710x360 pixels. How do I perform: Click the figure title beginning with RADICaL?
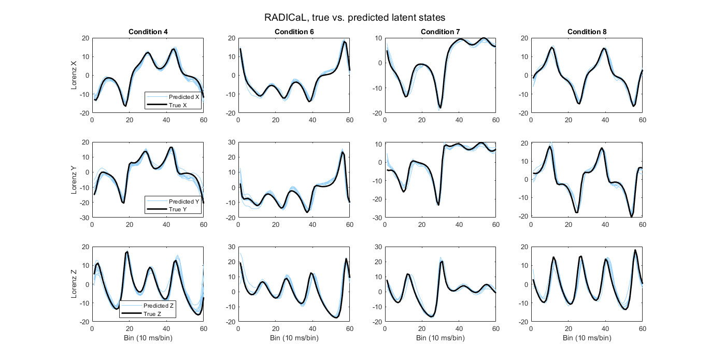click(355, 18)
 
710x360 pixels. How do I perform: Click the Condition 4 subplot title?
click(148, 32)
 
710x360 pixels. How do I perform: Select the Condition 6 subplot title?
click(294, 32)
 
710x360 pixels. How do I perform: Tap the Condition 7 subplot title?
click(440, 32)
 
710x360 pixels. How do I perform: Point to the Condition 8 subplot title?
click(587, 32)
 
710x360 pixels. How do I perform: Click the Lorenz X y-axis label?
click(74, 76)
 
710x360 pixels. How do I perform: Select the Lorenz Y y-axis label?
click(74, 180)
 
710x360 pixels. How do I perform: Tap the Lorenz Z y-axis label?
click(74, 284)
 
